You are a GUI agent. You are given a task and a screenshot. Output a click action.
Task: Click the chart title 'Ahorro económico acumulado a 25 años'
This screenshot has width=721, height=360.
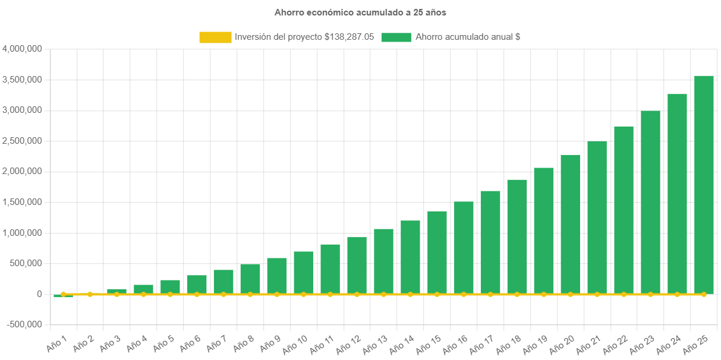(360, 12)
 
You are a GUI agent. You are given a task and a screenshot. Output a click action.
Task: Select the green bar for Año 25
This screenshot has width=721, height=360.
(704, 184)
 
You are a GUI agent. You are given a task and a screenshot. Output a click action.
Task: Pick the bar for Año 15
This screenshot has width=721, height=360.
(437, 252)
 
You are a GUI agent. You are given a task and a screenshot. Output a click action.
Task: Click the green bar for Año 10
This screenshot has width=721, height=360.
(304, 272)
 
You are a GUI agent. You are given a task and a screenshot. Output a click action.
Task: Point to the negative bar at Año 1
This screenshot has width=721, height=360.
(63, 296)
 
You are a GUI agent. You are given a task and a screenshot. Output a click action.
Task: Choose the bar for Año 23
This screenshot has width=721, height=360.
(650, 202)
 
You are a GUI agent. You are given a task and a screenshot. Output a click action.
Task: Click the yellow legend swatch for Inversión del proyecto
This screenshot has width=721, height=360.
(215, 37)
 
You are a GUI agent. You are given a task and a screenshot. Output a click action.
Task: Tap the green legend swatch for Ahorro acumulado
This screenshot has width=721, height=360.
(396, 37)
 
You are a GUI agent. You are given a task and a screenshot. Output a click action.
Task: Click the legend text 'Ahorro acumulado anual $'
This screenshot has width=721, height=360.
(468, 37)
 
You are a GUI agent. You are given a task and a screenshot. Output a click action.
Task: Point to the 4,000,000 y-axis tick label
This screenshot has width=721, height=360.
(22, 49)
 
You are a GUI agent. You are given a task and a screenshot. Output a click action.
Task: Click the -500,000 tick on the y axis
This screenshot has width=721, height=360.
(24, 324)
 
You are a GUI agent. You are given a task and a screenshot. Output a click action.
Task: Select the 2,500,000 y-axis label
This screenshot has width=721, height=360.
(22, 141)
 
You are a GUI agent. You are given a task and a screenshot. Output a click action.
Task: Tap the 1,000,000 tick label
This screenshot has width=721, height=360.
(22, 232)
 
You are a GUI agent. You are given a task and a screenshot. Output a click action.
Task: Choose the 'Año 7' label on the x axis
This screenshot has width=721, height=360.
(216, 342)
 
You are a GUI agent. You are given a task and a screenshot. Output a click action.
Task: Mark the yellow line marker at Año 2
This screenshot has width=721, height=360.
(90, 294)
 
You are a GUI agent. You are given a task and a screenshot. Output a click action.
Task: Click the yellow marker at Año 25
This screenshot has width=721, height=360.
(704, 294)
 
